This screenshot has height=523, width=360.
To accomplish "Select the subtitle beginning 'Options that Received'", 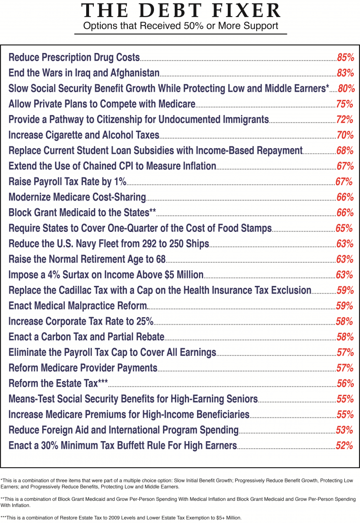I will (x=180, y=26).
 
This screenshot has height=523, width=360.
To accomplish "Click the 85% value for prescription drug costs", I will (x=345, y=58).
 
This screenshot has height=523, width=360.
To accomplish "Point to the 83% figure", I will (x=345, y=73).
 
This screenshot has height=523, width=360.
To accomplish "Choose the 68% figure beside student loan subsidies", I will (x=345, y=151).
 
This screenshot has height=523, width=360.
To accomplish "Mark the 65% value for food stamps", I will (x=344, y=229).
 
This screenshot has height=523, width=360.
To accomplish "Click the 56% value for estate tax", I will (x=345, y=384).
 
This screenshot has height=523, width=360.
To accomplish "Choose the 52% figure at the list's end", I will (x=344, y=446).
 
